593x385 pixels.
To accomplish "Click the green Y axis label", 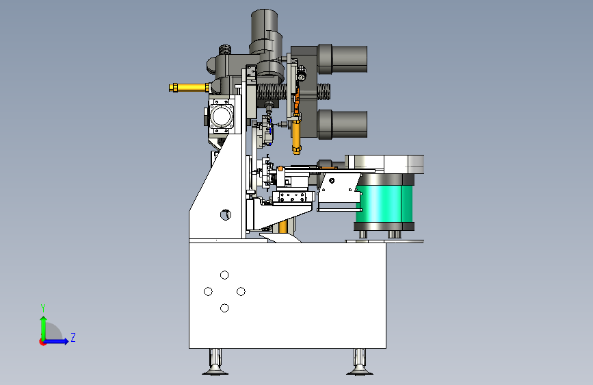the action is (x=43, y=308).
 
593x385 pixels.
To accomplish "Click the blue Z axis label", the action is (x=73, y=337).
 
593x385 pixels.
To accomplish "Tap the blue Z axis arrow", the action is (x=57, y=341).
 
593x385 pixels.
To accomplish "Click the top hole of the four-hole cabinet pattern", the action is (x=224, y=275).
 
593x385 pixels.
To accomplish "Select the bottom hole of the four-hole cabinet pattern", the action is (x=224, y=308).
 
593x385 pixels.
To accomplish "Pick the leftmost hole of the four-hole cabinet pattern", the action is (x=208, y=291).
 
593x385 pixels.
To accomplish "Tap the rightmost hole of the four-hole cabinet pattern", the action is (x=241, y=291).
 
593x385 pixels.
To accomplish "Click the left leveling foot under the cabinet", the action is (x=215, y=362).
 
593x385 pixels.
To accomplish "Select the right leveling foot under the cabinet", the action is (x=360, y=362).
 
